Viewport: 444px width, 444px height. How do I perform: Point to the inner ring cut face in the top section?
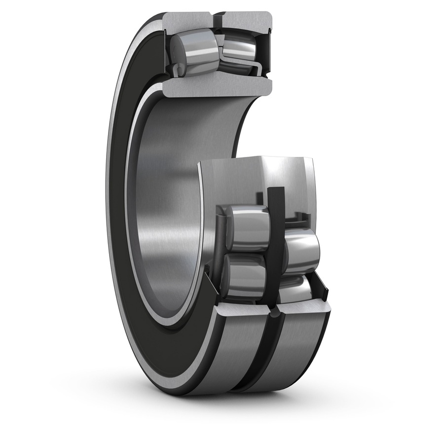217,87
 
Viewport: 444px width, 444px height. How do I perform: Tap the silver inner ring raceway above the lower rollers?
257,178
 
